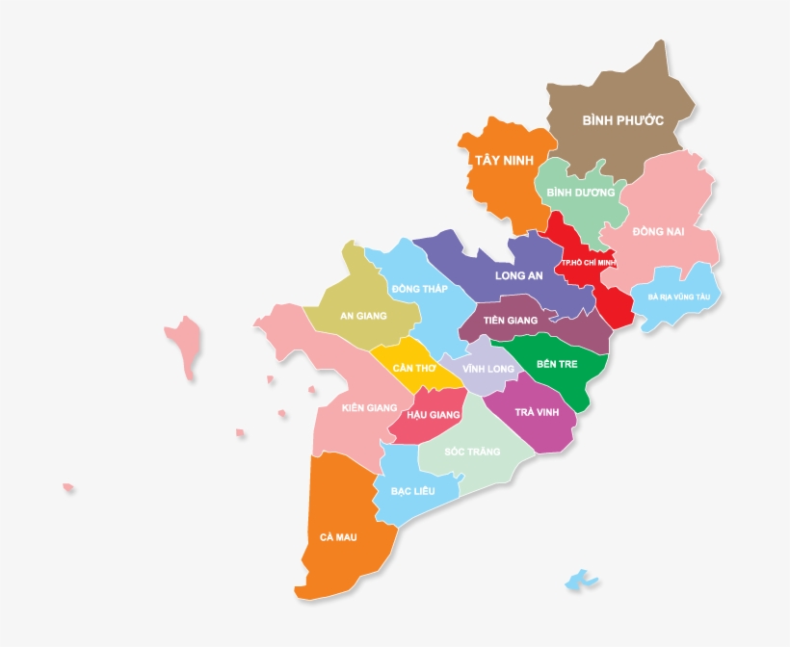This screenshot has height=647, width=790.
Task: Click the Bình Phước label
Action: pyautogui.click(x=623, y=121)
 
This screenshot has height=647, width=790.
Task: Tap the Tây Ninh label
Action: pyautogui.click(x=503, y=160)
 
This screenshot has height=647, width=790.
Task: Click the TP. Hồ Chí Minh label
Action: pyautogui.click(x=588, y=262)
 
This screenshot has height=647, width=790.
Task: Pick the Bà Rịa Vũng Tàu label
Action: pyautogui.click(x=678, y=298)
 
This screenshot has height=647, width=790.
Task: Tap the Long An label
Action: pyautogui.click(x=518, y=275)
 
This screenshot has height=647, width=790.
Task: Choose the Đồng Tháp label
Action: pyautogui.click(x=419, y=289)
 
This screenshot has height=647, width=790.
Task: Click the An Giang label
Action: pyautogui.click(x=363, y=315)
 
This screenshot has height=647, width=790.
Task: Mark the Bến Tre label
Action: pyautogui.click(x=555, y=364)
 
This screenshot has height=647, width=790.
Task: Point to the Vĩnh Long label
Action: pyautogui.click(x=487, y=369)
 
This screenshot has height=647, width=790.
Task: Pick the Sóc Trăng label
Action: pyautogui.click(x=472, y=451)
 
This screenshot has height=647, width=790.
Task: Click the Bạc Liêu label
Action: pyautogui.click(x=412, y=491)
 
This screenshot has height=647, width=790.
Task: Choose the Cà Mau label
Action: pyautogui.click(x=338, y=537)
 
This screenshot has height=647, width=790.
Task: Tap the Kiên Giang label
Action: pyautogui.click(x=369, y=407)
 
